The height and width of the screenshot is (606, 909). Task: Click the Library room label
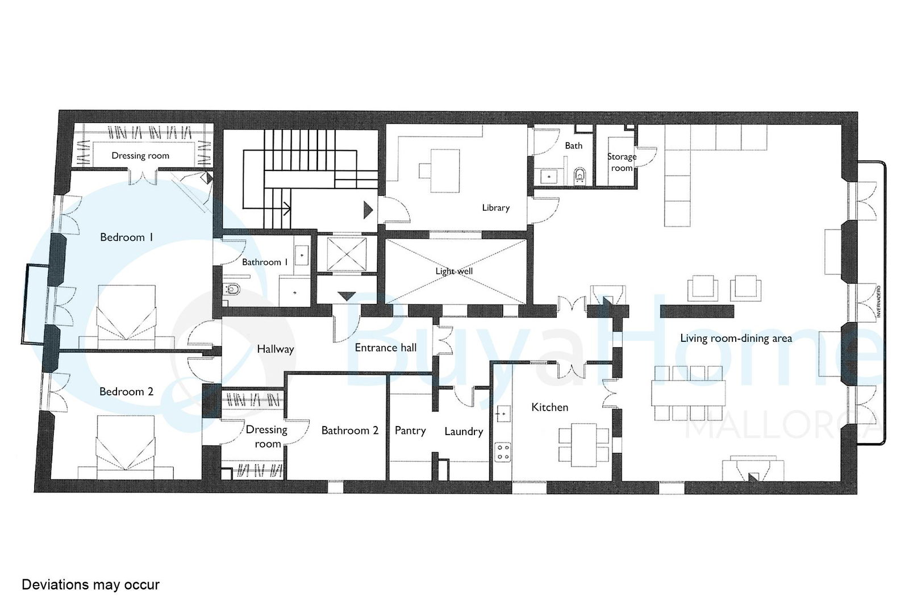coord(495,208)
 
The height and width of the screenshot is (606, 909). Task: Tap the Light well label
coord(454,271)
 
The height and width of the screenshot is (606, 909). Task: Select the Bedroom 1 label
coord(127,237)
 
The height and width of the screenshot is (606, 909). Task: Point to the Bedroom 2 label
coord(126,391)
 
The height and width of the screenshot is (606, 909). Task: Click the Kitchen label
coord(549,407)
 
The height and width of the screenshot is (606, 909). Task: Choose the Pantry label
coord(410,431)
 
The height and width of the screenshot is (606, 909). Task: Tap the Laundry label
coord(464,432)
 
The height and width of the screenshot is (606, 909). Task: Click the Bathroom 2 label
coord(350,431)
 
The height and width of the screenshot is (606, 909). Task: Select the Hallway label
coord(275,349)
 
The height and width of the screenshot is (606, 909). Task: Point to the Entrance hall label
coord(386,348)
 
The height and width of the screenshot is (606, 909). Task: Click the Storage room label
coord(622,162)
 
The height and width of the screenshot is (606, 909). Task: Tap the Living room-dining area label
coord(736,338)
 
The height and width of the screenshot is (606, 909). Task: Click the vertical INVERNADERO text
coord(878,302)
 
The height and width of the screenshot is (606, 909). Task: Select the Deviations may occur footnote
coord(90,585)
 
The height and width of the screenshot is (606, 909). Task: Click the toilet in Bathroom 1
coord(232,290)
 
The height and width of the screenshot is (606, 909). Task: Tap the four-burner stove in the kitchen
coord(503,452)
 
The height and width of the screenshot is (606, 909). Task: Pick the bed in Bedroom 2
coord(126,448)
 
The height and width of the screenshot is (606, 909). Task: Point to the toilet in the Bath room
coord(580,176)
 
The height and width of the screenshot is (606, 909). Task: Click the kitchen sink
coord(503,413)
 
